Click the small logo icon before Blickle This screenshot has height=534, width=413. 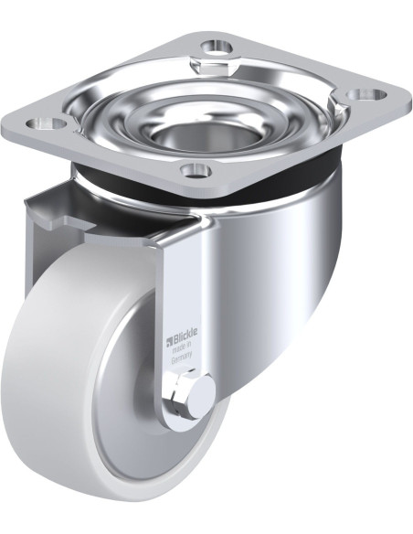point(169,343)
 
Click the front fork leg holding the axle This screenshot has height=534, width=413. point(183,302)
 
